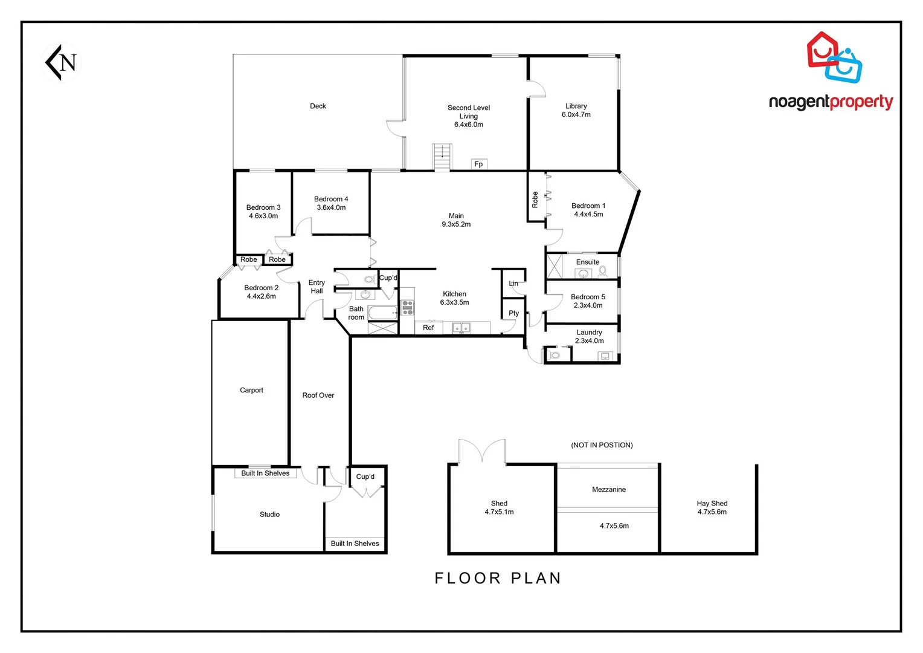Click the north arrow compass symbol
[x=63, y=62]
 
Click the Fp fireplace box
[x=478, y=164]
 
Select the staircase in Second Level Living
[x=442, y=157]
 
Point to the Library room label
[x=576, y=106]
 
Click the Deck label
[x=318, y=106]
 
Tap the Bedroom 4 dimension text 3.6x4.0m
[x=331, y=207]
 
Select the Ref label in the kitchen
[x=428, y=328]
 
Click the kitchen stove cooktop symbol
[x=408, y=308]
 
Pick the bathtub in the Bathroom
[x=383, y=313]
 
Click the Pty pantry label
[x=513, y=313]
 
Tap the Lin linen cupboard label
[x=513, y=284]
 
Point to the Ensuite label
[x=587, y=262]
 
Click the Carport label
[x=251, y=390]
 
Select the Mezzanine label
[x=608, y=489]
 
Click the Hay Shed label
[x=712, y=503]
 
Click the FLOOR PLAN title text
[x=498, y=579]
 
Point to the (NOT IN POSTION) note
[x=602, y=445]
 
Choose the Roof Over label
[x=318, y=395]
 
